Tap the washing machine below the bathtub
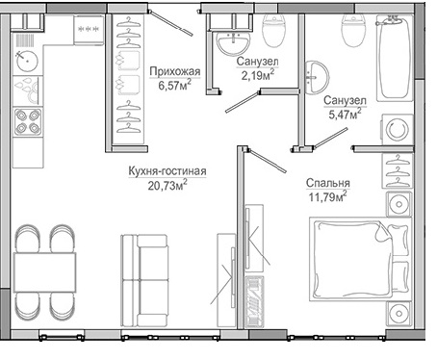(x=394, y=130)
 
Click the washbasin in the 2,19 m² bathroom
(x=229, y=45)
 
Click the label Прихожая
(x=174, y=70)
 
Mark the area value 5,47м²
(x=344, y=115)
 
